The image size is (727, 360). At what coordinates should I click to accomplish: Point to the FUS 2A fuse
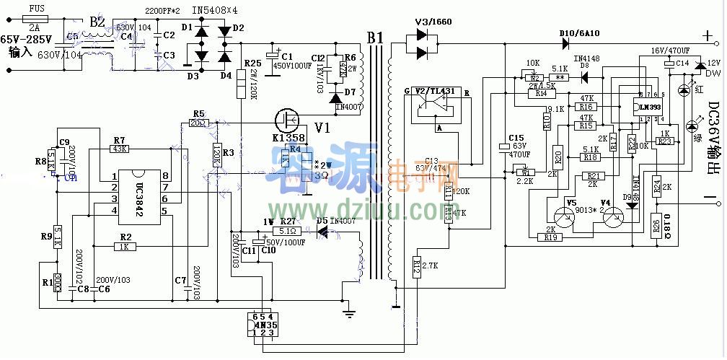(x=34, y=16)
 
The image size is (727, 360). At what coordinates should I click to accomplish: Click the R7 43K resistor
(x=119, y=149)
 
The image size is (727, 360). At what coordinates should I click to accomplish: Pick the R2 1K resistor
(x=125, y=246)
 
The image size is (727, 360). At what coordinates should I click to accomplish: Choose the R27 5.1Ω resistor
(x=288, y=231)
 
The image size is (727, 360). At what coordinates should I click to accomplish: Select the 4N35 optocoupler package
(x=260, y=325)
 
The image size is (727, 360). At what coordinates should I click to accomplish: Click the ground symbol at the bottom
(x=349, y=312)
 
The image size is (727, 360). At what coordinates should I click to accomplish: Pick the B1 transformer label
(x=375, y=36)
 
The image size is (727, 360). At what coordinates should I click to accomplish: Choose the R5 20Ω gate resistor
(x=198, y=122)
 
